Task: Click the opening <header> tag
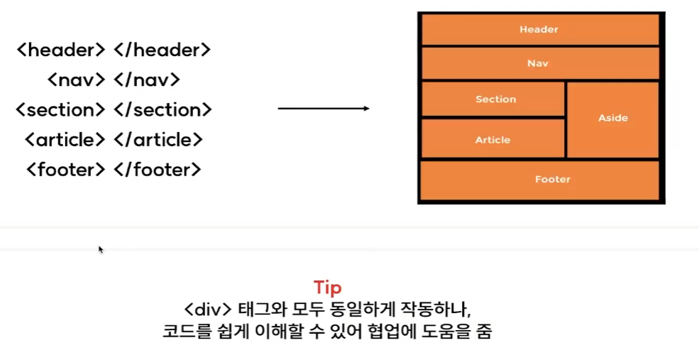tap(60, 50)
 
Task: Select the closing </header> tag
tap(162, 50)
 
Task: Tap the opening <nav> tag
tap(76, 80)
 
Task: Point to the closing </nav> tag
tap(146, 80)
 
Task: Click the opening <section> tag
tap(60, 110)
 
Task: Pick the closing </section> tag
tap(163, 110)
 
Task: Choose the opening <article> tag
tap(65, 140)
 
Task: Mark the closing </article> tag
tap(158, 140)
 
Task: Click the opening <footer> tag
tap(65, 170)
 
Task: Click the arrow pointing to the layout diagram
tap(324, 109)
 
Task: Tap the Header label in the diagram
tap(539, 30)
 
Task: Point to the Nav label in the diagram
tap(538, 63)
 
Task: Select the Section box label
tap(495, 99)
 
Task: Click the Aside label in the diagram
tap(612, 118)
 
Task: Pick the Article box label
tap(492, 140)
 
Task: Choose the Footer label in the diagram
tap(553, 180)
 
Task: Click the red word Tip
tap(327, 288)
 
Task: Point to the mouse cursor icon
tap(101, 249)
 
